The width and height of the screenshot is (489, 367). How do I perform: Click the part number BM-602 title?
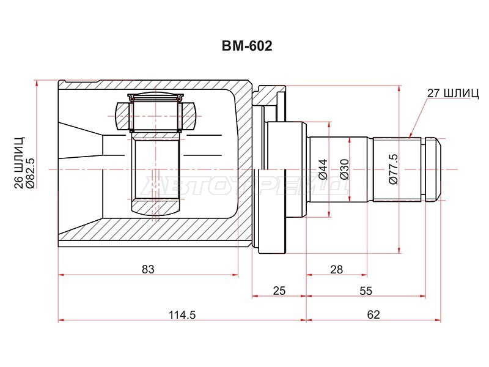tap(247, 46)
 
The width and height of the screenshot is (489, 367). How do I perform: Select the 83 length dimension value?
tap(148, 269)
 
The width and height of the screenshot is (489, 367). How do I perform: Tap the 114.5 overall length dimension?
tap(182, 315)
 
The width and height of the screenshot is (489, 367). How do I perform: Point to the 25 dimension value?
tap(279, 291)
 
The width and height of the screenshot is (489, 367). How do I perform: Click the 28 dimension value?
tap(337, 269)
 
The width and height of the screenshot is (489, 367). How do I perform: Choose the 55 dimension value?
tap(366, 291)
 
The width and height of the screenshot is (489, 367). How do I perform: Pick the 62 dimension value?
tap(373, 315)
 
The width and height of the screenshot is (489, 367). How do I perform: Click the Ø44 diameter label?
tap(323, 169)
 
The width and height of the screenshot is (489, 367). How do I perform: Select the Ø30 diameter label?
tap(344, 169)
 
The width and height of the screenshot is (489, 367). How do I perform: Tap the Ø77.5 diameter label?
tap(394, 169)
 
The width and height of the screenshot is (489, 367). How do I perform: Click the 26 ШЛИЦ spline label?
tap(20, 162)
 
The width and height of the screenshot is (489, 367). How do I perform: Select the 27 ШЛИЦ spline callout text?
tap(453, 94)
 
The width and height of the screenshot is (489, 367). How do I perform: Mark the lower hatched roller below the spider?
tap(156, 208)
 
